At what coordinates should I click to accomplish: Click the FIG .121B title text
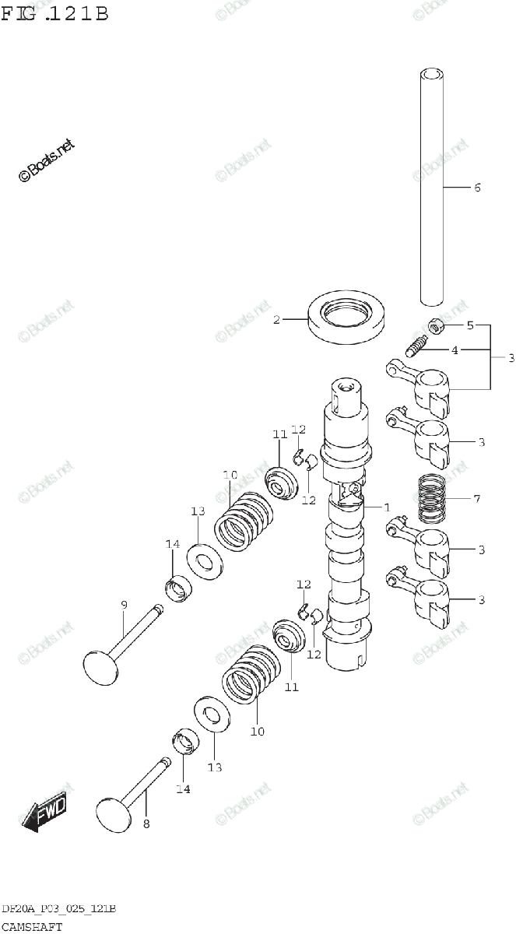[x=54, y=13]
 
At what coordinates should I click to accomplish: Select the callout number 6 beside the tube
[x=477, y=188]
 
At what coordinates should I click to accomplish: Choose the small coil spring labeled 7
[x=434, y=498]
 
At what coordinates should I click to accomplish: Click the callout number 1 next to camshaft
[x=386, y=507]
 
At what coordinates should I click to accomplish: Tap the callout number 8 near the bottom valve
[x=146, y=823]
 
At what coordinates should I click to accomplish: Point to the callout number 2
[x=276, y=319]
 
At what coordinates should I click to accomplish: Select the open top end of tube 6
[x=430, y=75]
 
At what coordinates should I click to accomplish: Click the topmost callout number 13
[x=198, y=511]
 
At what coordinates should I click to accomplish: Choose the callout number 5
[x=469, y=325]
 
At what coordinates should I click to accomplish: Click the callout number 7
[x=476, y=498]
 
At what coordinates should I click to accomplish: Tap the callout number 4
[x=455, y=350]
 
